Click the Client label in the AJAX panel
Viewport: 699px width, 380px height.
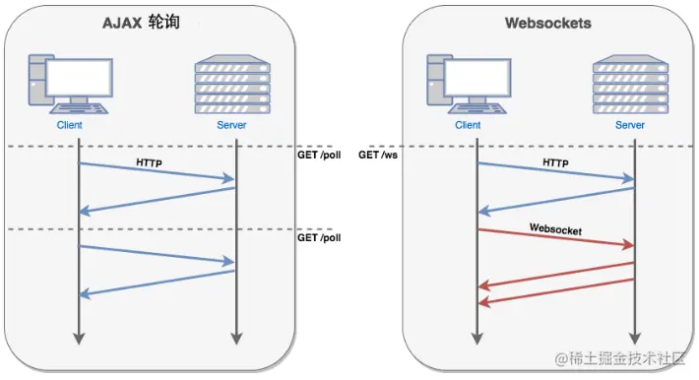pos(69,126)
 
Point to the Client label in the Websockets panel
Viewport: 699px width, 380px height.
pos(468,126)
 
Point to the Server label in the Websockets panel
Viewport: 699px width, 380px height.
pos(630,126)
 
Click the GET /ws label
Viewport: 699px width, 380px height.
pos(378,156)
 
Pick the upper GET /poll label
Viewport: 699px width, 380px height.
pos(318,156)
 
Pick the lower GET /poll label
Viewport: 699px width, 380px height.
pos(318,238)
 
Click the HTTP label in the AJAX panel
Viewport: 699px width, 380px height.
pos(151,158)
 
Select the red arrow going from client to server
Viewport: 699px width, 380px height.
pos(556,238)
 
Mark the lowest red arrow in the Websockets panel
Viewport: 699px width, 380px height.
pos(556,290)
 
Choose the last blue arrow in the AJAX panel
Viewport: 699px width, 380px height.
pos(157,283)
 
